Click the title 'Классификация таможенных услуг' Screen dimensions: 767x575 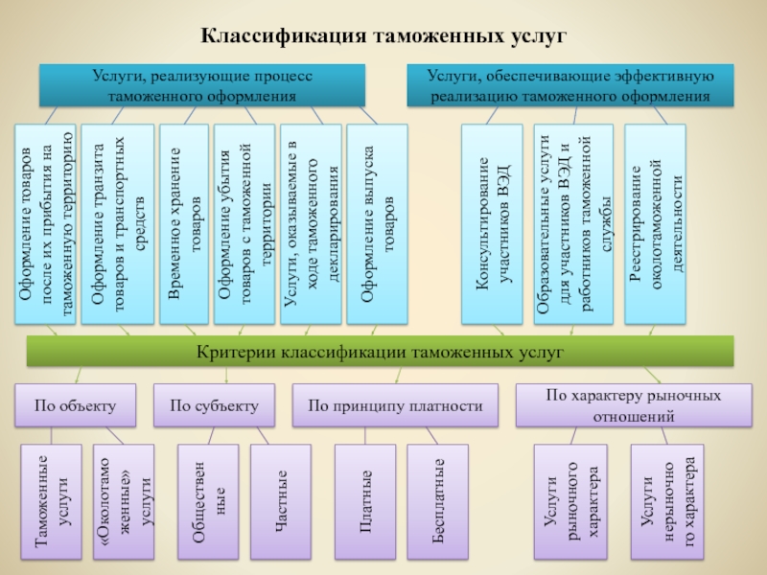383,35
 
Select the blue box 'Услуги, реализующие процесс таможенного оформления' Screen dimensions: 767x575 202,85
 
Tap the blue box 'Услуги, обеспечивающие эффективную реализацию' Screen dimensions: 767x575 570,85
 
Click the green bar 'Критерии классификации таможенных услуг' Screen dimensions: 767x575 380,351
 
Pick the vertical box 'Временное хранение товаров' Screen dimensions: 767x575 184,224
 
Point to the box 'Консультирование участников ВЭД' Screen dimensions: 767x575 492,224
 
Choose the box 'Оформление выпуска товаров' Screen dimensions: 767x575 377,224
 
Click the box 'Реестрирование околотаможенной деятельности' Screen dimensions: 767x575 655,224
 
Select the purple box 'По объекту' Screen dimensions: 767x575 76,405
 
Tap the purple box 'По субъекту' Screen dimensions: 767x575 214,405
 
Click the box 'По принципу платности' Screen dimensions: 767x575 395,405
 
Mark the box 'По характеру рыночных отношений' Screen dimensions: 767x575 634,405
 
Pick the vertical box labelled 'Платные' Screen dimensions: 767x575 365,501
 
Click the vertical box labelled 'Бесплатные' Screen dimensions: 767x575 438,501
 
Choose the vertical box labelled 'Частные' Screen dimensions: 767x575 281,501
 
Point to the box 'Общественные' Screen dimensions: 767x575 208,501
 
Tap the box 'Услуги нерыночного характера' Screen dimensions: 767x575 667,501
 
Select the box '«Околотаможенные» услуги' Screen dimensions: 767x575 124,501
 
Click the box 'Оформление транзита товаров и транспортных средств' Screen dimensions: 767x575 117,224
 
